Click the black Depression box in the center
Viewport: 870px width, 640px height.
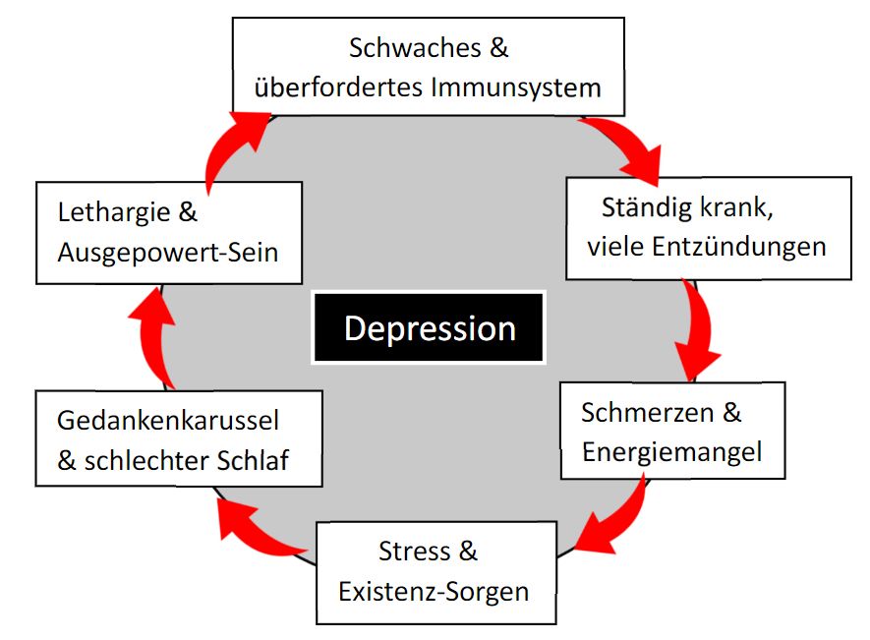point(429,327)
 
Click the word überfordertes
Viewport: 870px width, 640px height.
point(338,87)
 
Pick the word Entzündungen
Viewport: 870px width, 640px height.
point(738,247)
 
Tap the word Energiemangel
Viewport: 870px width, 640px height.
point(671,451)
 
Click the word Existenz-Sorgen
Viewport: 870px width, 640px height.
point(434,592)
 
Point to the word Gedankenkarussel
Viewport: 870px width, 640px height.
point(168,421)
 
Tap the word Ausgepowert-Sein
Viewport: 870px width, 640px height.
point(168,252)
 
